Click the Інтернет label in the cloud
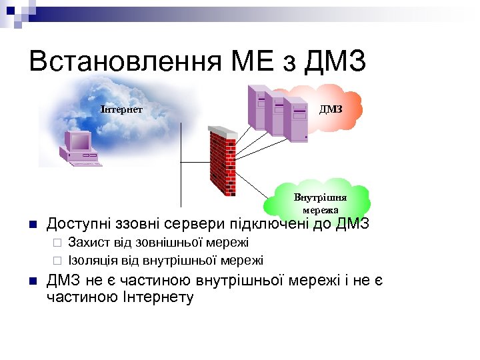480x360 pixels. click(x=121, y=108)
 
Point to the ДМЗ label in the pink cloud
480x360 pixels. click(x=331, y=109)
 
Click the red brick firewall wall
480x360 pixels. click(x=222, y=163)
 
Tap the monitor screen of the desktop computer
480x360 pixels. click(x=78, y=140)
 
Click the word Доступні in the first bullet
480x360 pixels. click(x=77, y=223)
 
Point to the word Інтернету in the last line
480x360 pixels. click(x=159, y=297)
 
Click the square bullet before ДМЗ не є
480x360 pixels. click(x=33, y=281)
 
